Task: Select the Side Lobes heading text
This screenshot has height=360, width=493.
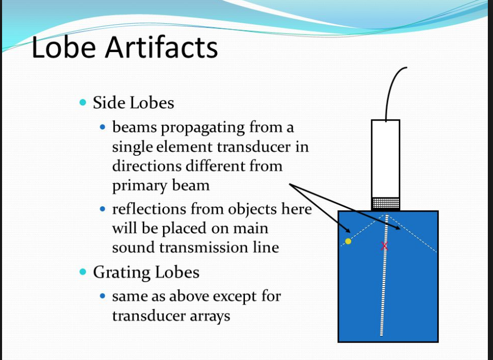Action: coord(133,103)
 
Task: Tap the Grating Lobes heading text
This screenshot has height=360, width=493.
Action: coord(146,272)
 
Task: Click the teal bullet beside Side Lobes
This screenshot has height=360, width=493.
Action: coord(83,102)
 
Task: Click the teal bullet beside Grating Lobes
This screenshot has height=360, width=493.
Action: coord(83,271)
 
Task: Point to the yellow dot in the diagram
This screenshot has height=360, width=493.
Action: coord(348,241)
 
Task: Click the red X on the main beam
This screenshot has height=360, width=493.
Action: coord(384,246)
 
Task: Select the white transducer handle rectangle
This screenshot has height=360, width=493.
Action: coord(385,157)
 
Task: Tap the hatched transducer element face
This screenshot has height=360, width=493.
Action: coord(385,203)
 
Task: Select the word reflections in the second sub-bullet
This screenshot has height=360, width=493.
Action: coord(149,209)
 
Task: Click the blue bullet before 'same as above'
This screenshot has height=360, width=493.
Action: coord(103,296)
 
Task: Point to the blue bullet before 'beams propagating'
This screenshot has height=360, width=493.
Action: coord(103,126)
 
